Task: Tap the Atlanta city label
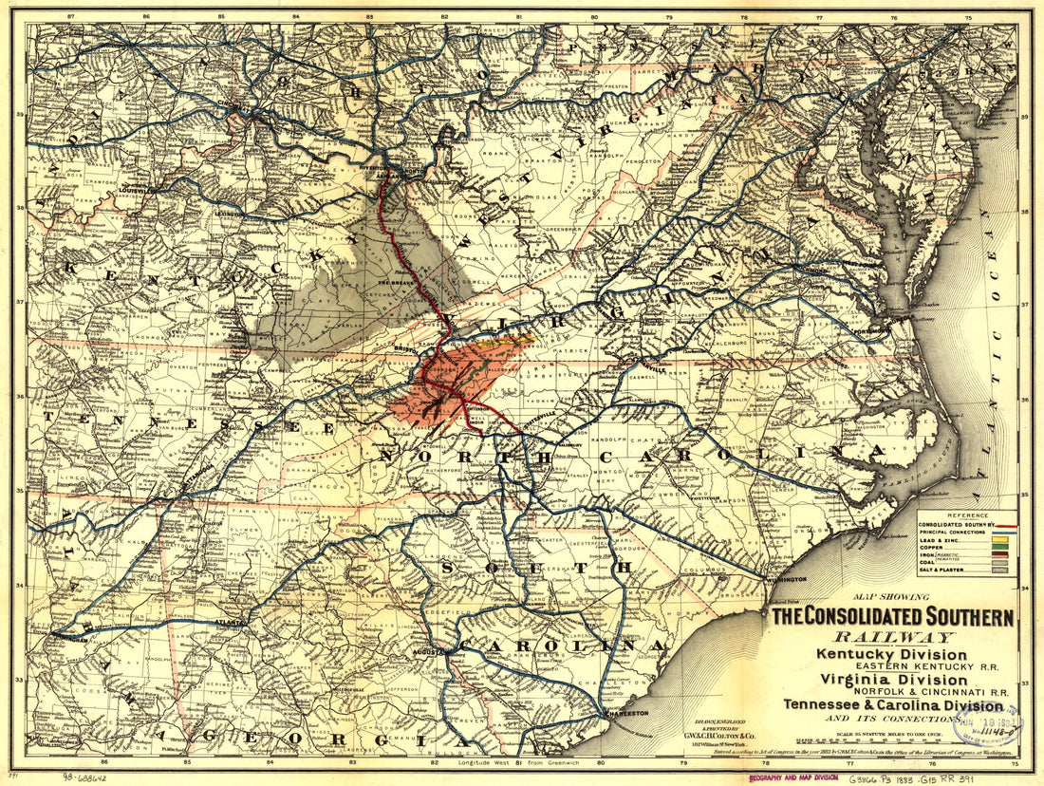(230, 623)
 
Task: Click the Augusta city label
(430, 654)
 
